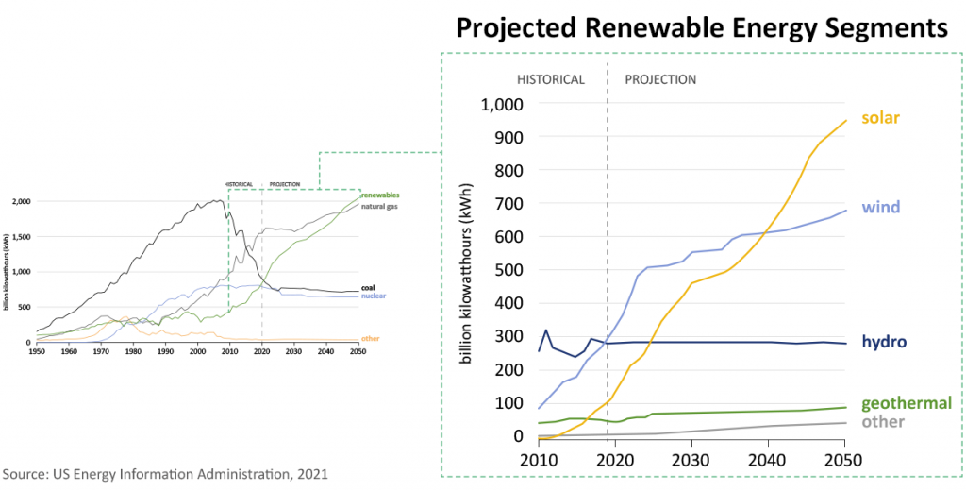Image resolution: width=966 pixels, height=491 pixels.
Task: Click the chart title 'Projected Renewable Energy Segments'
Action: pyautogui.click(x=701, y=27)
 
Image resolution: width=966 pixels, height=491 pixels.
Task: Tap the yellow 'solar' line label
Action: pyautogui.click(x=879, y=118)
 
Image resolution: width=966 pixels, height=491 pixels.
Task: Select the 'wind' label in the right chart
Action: pyautogui.click(x=880, y=207)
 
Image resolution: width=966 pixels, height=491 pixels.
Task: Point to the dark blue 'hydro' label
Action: pyautogui.click(x=884, y=341)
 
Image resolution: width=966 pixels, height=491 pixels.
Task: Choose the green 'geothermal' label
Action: pyautogui.click(x=907, y=402)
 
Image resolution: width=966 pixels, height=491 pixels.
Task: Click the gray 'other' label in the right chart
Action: pyautogui.click(x=883, y=421)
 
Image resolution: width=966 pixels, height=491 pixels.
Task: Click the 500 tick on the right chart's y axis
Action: pyautogui.click(x=517, y=270)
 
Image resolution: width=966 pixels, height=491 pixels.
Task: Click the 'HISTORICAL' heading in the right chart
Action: pyautogui.click(x=552, y=79)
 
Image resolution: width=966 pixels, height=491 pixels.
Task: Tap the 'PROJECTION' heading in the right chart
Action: pyautogui.click(x=660, y=79)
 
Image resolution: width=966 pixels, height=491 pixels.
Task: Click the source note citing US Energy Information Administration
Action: pyautogui.click(x=165, y=473)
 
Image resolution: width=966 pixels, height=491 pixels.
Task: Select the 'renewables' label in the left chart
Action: pyautogui.click(x=380, y=195)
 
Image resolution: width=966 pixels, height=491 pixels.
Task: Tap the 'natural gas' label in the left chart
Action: pyautogui.click(x=381, y=206)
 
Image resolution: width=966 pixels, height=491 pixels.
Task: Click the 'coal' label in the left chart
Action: pyautogui.click(x=369, y=287)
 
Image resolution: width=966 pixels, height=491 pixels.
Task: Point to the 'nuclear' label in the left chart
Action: pyautogui.click(x=374, y=296)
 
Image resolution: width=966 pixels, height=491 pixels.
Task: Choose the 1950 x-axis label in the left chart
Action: pyautogui.click(x=37, y=351)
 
